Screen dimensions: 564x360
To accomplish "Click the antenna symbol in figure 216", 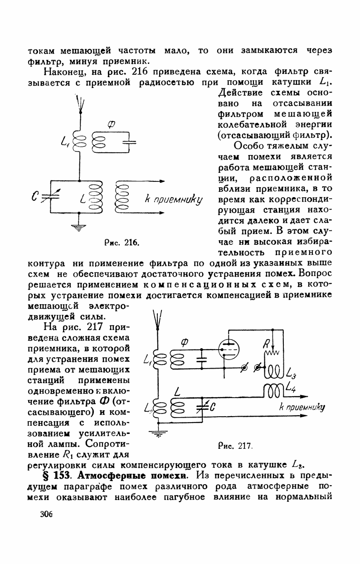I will [79, 103].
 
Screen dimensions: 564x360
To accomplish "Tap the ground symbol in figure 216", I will [79, 227].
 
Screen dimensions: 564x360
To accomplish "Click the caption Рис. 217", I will [235, 446].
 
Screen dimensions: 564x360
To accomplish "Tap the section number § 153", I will [59, 476].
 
